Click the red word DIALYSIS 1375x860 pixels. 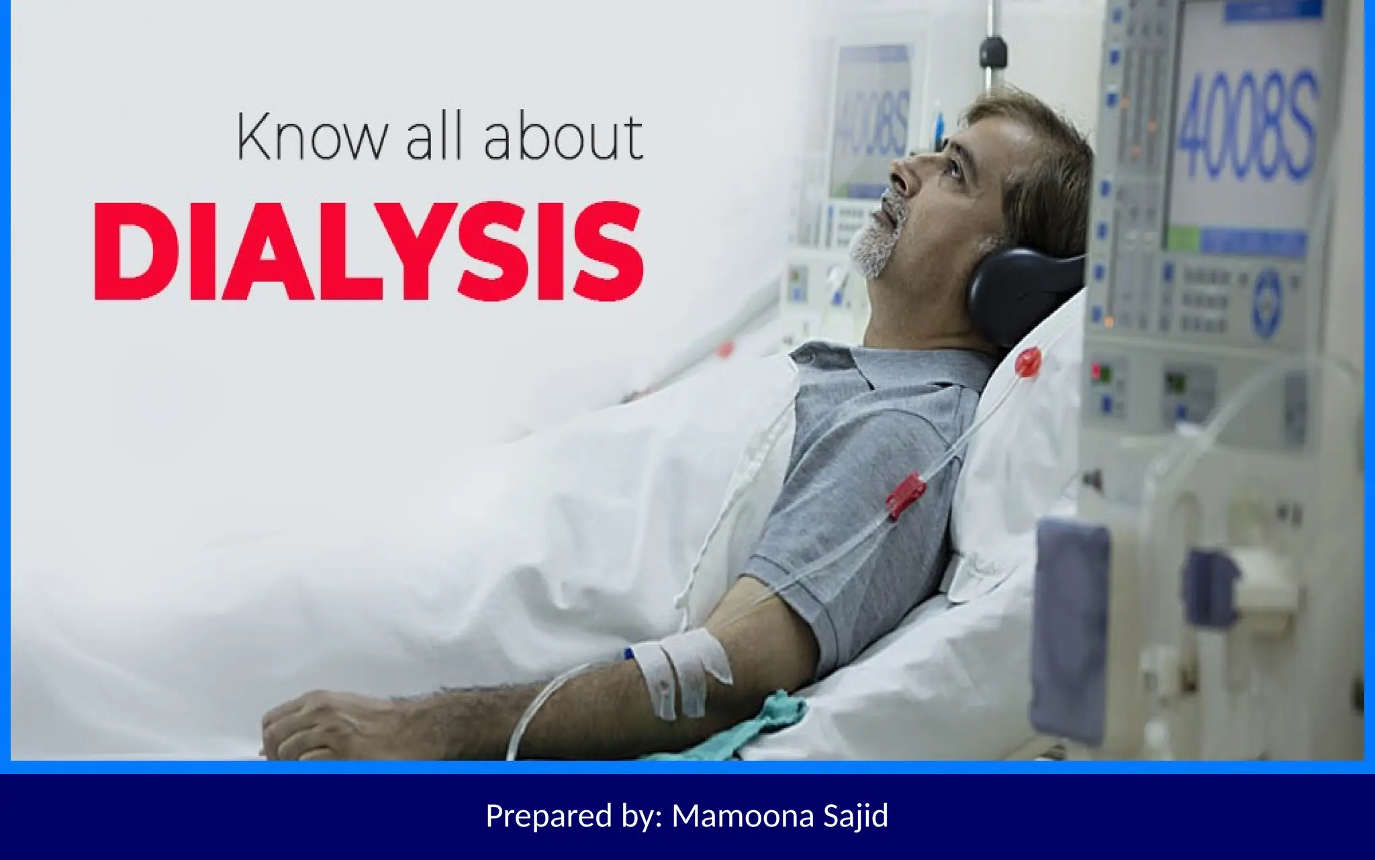click(x=369, y=251)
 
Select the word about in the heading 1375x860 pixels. click(x=563, y=138)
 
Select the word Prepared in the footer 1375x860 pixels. click(x=549, y=816)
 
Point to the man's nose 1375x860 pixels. click(x=900, y=173)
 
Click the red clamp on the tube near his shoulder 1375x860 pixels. click(x=906, y=496)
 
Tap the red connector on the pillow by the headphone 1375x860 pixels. click(x=1028, y=363)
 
